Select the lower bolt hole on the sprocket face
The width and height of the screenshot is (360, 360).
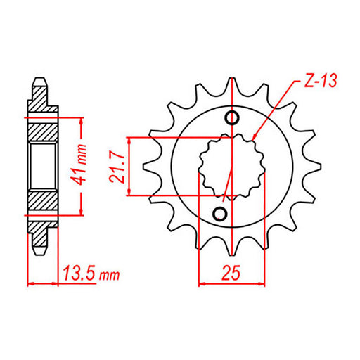[x=221, y=212]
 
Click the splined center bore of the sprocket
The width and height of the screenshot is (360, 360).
[x=226, y=165]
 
